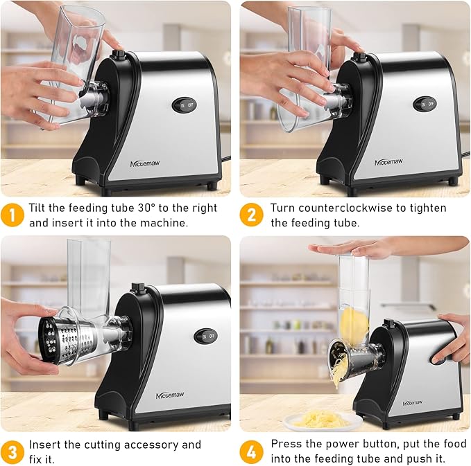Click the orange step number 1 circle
click(x=12, y=215)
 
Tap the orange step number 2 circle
click(x=251, y=215)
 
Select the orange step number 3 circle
click(x=12, y=451)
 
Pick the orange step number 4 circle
click(x=251, y=451)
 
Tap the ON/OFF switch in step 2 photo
click(x=425, y=105)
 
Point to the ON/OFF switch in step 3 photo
click(x=205, y=336)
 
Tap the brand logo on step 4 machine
click(x=416, y=402)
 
